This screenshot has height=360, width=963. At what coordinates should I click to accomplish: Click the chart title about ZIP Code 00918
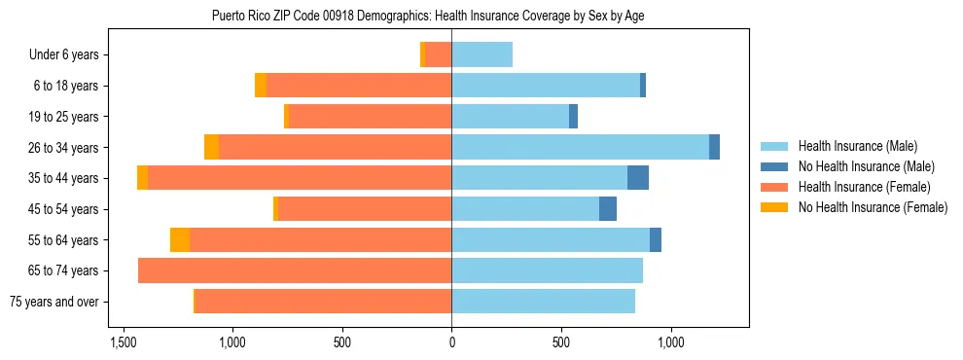428,16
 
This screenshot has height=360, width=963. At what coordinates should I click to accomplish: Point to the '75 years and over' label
54,302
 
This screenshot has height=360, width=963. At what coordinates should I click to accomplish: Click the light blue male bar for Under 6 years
481,55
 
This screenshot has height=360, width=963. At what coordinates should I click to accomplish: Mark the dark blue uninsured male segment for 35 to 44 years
638,178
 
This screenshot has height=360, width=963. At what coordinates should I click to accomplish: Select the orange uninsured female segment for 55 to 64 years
180,240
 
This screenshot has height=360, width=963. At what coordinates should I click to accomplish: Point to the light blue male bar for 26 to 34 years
580,148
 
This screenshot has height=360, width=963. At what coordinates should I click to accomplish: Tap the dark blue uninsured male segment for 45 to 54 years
608,209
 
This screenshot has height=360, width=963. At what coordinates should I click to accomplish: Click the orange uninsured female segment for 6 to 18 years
261,86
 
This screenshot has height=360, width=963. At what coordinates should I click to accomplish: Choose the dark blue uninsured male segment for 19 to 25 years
573,117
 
